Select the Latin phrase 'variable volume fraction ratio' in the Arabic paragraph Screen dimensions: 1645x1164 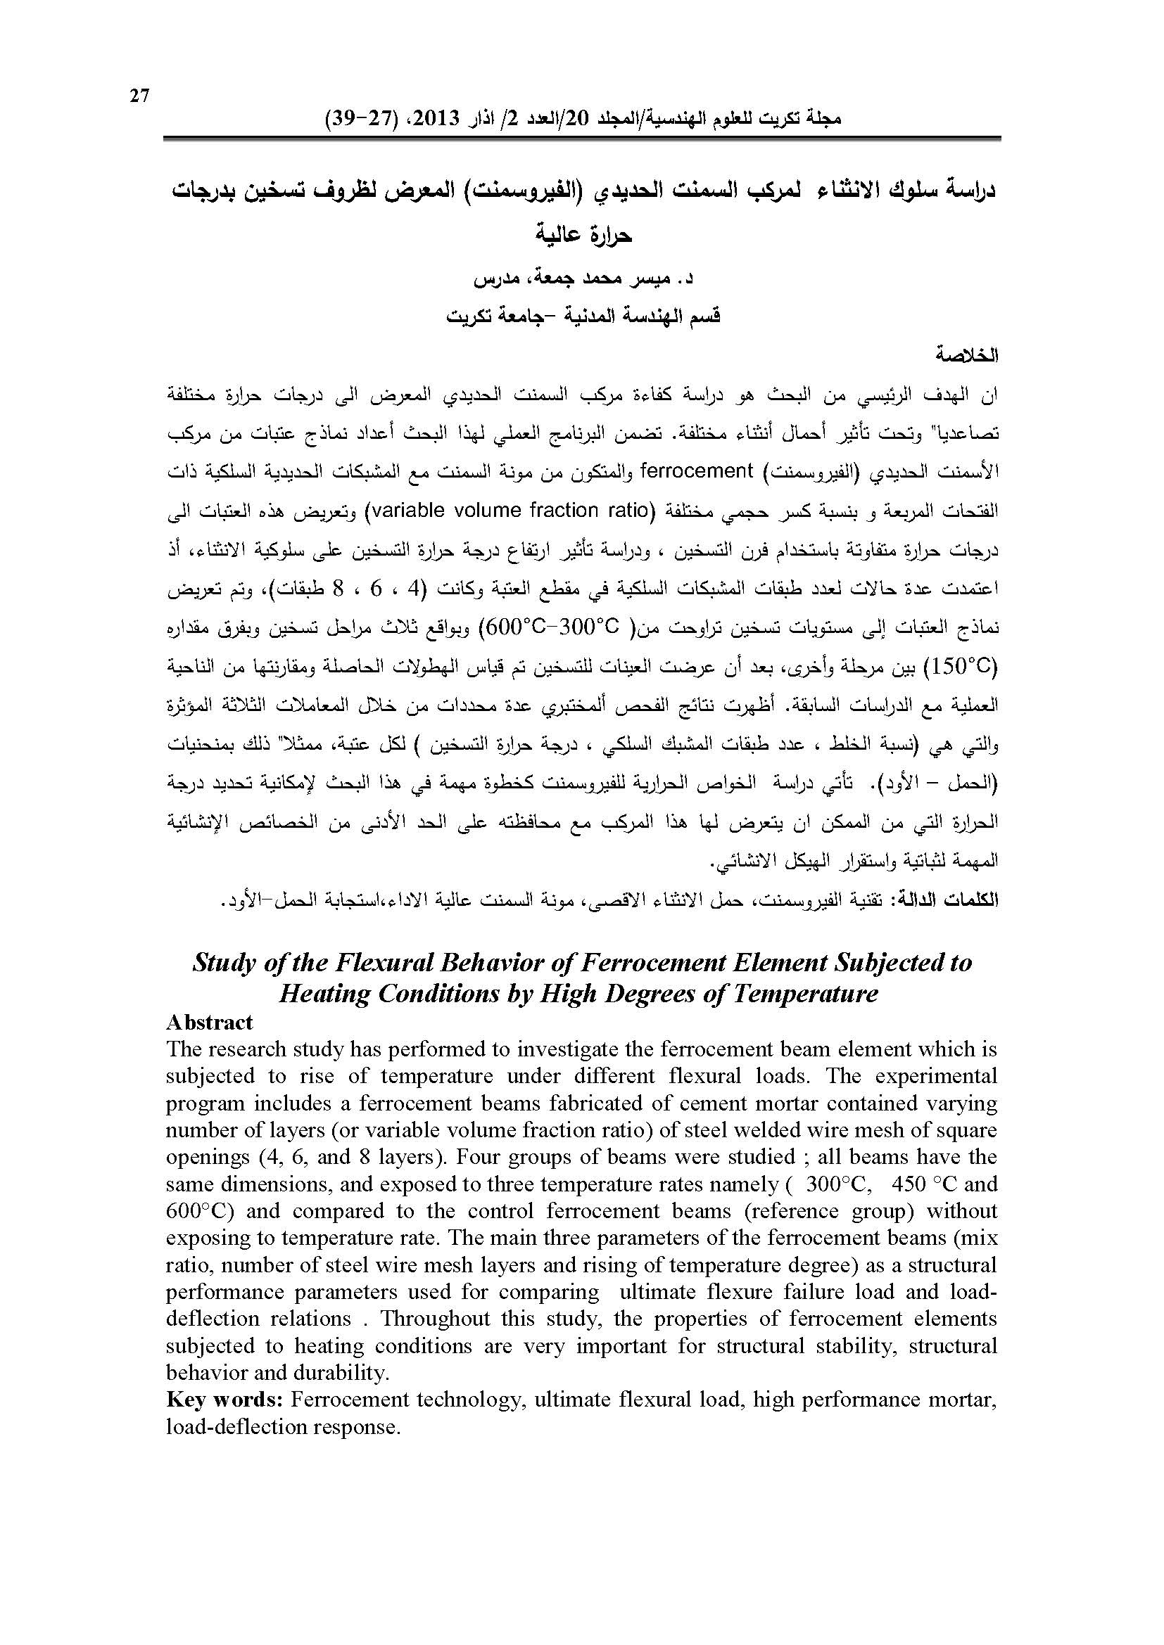[510, 510]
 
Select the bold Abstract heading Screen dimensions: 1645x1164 [208, 1023]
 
